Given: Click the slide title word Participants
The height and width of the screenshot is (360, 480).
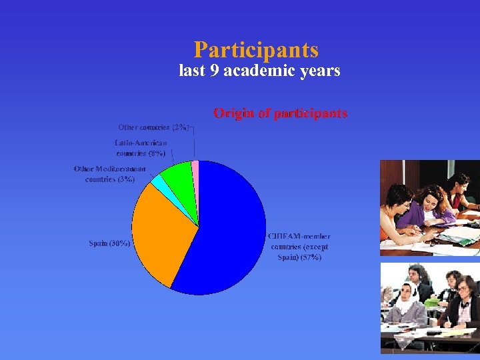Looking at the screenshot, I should (256, 50).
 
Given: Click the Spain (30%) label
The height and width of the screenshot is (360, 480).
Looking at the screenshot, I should (109, 243).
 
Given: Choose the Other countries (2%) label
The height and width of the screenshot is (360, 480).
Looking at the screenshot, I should (153, 127).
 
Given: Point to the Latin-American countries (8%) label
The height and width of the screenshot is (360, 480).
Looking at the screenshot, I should (141, 148).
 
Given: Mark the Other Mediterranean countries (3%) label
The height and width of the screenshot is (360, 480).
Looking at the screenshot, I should (109, 174).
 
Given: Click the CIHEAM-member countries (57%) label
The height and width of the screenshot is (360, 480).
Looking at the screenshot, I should (299, 247).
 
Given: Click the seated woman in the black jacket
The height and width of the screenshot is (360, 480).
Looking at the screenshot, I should (463, 303).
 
